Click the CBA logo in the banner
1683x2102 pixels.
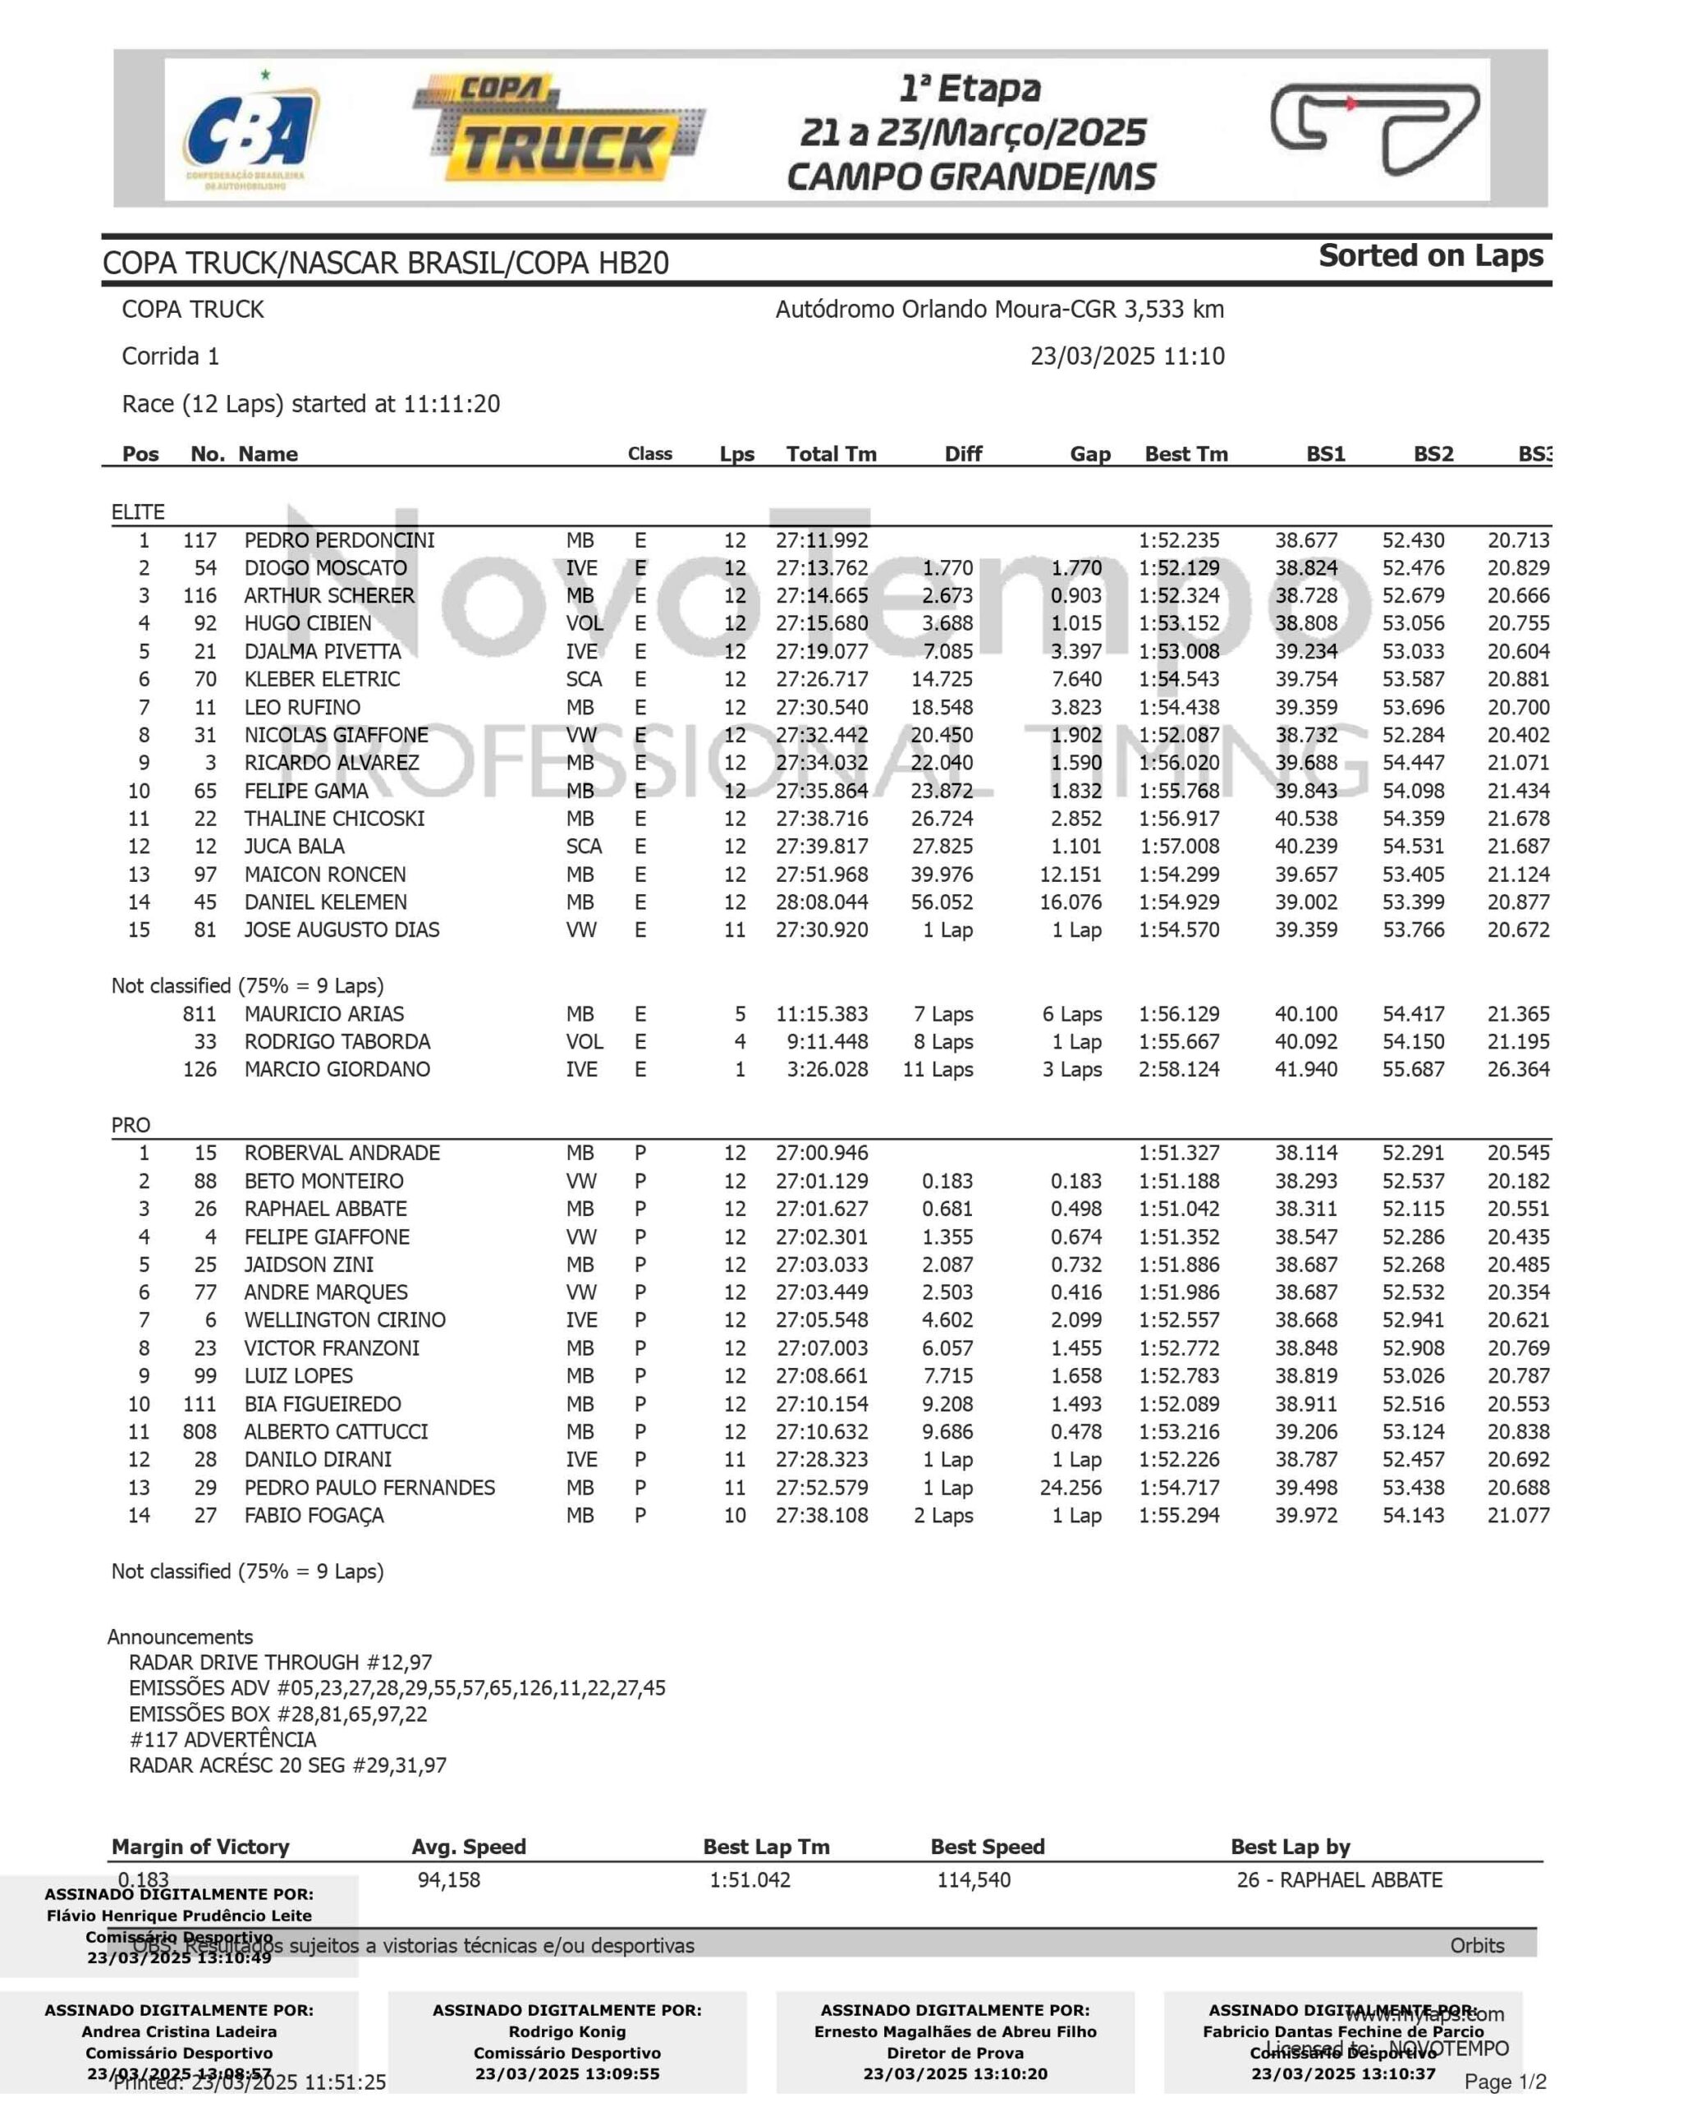[251, 132]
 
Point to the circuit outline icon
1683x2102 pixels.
[1375, 128]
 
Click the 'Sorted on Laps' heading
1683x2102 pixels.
[1430, 256]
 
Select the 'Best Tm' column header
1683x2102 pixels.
[1185, 454]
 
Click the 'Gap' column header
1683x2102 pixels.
[1089, 454]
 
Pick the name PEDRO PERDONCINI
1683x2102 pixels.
[339, 541]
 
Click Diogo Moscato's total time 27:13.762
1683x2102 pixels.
[821, 568]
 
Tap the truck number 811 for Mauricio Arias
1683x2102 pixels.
[199, 1014]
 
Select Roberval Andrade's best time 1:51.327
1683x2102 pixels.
[1178, 1154]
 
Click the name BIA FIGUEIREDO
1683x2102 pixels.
[322, 1404]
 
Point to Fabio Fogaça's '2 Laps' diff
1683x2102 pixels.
[943, 1516]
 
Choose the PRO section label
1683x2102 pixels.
[131, 1125]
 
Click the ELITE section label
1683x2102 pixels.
[137, 513]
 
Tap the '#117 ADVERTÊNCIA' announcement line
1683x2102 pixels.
[222, 1740]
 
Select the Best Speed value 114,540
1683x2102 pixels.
[973, 1880]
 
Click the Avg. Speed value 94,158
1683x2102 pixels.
[448, 1880]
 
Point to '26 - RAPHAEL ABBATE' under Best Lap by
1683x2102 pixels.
[1339, 1880]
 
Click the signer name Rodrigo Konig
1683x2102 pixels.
[566, 2033]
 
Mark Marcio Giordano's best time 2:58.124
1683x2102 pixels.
[1178, 1070]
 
